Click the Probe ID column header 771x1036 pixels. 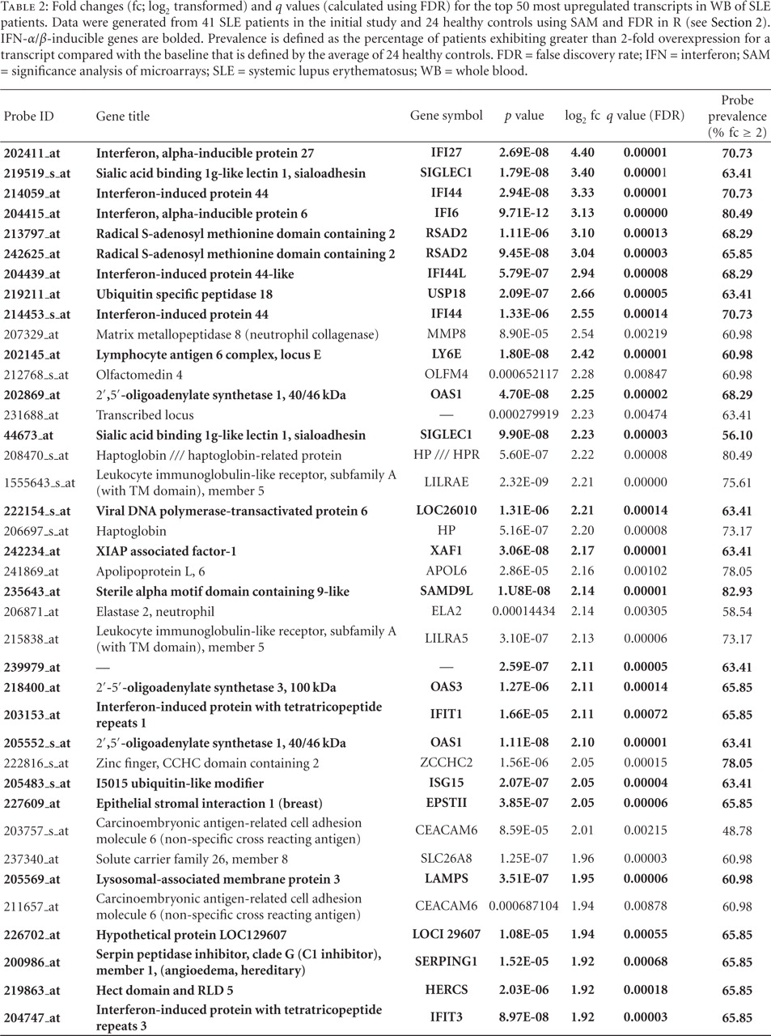pos(29,116)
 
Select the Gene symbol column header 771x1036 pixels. pos(446,116)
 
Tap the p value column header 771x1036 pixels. pos(524,116)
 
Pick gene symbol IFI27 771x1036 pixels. pos(446,153)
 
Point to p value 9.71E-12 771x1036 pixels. pos(524,214)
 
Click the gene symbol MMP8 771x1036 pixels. pos(446,334)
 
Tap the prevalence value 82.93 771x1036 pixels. pos(737,592)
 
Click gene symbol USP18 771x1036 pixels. pos(446,294)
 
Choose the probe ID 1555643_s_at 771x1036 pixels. pos(39,482)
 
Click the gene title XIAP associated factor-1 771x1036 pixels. pos(166,551)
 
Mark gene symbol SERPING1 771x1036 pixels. pos(446,962)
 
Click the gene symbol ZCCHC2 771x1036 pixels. pos(446,763)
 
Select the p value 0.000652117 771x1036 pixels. pos(524,375)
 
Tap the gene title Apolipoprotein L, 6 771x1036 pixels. pos(150,571)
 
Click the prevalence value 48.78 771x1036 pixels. pos(737,830)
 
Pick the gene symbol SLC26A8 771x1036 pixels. pos(446,859)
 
